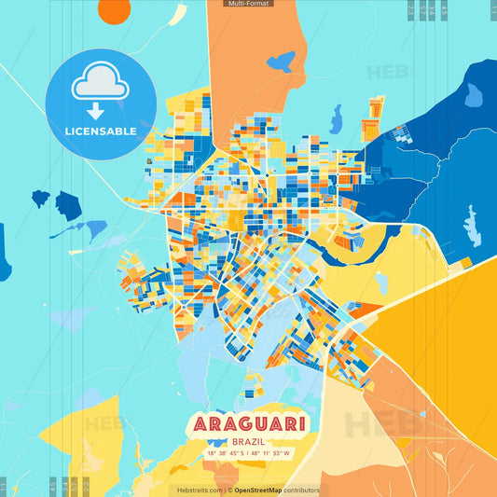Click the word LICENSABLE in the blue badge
pyautogui.click(x=101, y=131)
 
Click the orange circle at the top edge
pyautogui.click(x=115, y=9)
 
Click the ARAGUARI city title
pyautogui.click(x=249, y=424)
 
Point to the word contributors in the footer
pyautogui.click(x=302, y=490)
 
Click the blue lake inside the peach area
pyautogui.click(x=280, y=62)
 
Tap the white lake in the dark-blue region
pyautogui.click(x=472, y=226)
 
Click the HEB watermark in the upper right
pyautogui.click(x=386, y=73)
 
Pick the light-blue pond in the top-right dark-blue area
pyautogui.click(x=474, y=94)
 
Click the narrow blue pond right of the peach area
pyautogui.click(x=336, y=118)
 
